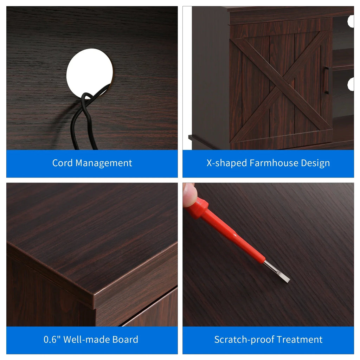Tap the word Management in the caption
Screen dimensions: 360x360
[x=104, y=163]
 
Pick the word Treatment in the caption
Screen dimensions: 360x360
[x=298, y=340]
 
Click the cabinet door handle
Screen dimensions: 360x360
[x=326, y=80]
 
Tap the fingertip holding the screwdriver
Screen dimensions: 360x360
[x=189, y=195]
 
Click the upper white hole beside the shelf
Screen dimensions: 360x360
[x=351, y=21]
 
